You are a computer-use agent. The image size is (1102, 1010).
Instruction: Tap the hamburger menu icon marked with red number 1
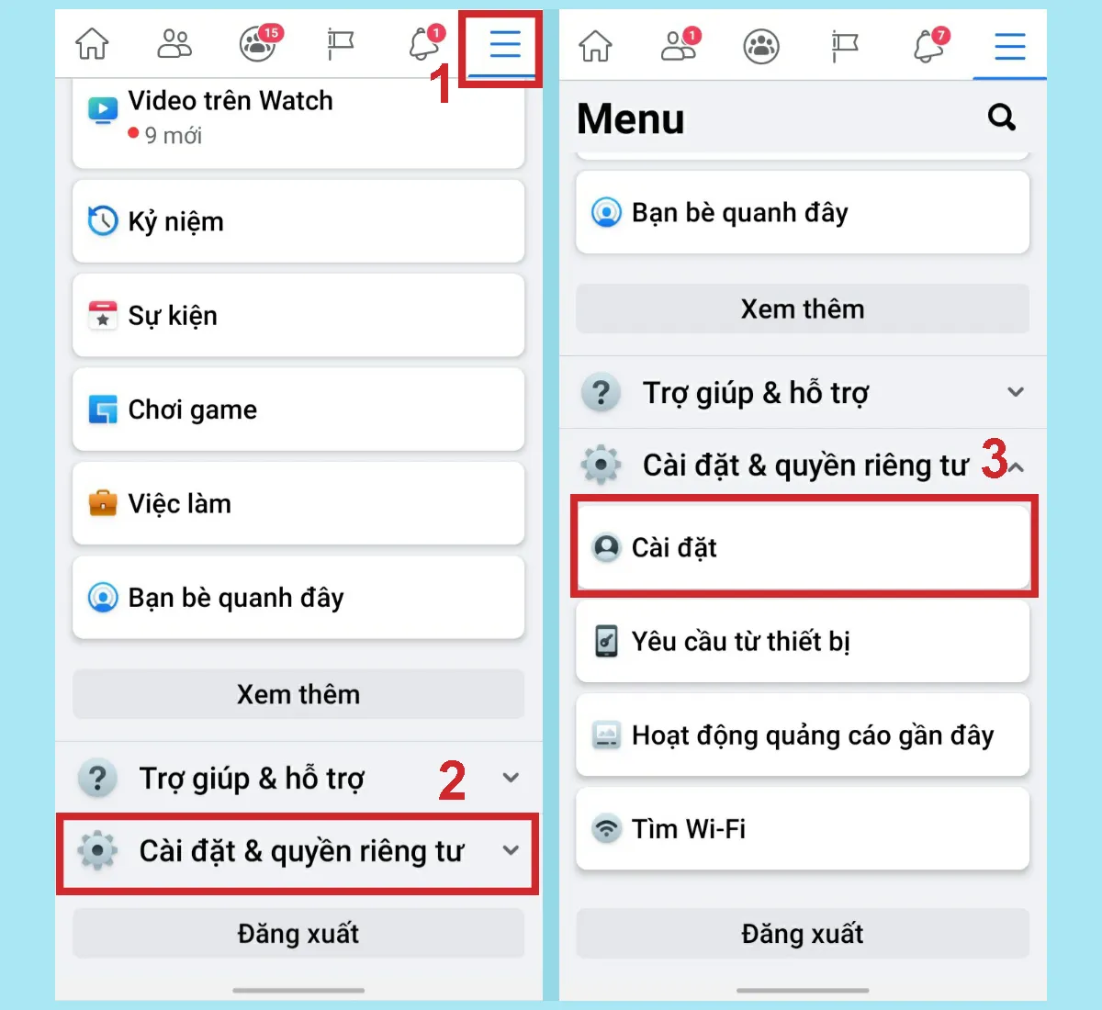click(504, 44)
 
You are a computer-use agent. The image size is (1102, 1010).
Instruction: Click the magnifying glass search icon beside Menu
click(1001, 118)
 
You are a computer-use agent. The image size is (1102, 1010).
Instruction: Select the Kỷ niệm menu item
click(298, 221)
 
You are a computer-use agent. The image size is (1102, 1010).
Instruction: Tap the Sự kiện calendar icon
click(102, 315)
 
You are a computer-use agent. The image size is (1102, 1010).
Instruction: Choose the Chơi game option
click(298, 410)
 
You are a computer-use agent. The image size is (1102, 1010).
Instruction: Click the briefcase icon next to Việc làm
click(102, 503)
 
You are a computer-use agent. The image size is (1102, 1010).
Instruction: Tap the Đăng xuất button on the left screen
click(298, 934)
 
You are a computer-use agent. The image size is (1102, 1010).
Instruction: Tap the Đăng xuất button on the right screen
click(802, 934)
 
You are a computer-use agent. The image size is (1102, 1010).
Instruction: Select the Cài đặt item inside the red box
click(802, 547)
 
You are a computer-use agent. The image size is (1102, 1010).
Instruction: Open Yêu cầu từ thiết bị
click(802, 641)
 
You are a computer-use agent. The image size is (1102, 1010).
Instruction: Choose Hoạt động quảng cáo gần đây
click(802, 735)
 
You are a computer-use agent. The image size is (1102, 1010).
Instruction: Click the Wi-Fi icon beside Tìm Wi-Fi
click(606, 828)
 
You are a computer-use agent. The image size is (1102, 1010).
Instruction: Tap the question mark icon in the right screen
click(601, 393)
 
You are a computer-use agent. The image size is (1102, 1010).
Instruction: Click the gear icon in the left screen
click(97, 851)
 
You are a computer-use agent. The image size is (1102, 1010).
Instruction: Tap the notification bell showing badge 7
click(928, 45)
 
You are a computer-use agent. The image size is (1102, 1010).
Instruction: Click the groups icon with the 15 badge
click(258, 43)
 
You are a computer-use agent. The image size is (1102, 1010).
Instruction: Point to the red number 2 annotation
click(452, 781)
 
